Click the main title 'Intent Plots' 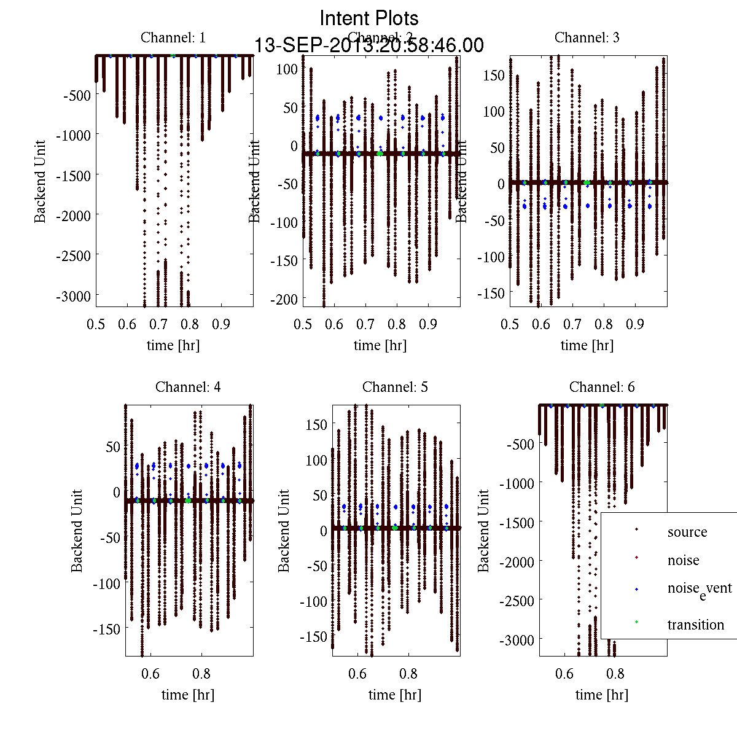click(369, 18)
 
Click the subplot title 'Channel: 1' click(173, 37)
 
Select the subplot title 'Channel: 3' click(587, 37)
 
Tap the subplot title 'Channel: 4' click(188, 387)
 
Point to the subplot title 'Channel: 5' click(395, 387)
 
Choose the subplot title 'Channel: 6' click(602, 387)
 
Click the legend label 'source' click(687, 532)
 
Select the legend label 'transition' click(696, 625)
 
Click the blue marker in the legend click(637, 590)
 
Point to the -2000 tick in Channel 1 click(73, 216)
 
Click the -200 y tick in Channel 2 click(284, 299)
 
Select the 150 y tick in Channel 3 click(494, 76)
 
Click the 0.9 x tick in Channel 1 click(221, 324)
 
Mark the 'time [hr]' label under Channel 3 click(587, 345)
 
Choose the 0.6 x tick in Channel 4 click(150, 674)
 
